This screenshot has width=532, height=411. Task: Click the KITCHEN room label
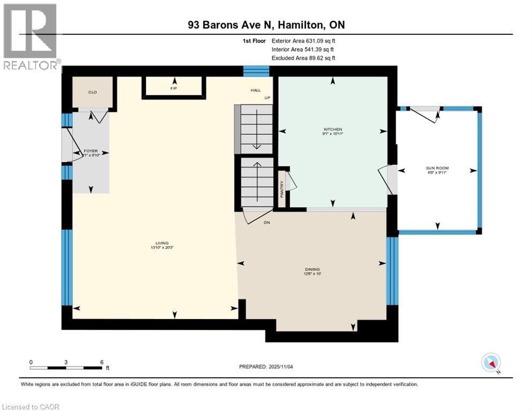point(332,130)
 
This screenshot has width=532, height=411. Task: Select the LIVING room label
point(155,243)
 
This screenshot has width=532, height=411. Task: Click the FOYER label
point(90,151)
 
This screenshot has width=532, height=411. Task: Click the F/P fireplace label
point(173,87)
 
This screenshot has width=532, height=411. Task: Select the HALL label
point(255,90)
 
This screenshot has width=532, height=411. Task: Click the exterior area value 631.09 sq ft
point(320,40)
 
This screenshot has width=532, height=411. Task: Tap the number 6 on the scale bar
point(101,362)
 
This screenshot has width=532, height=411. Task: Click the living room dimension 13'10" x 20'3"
point(155,248)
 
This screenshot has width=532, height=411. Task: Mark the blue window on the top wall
point(256,71)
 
